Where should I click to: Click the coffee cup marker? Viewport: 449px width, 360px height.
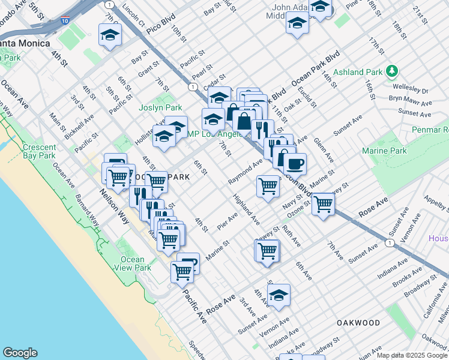(x=294, y=163)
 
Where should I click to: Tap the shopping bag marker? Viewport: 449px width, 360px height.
(x=244, y=121)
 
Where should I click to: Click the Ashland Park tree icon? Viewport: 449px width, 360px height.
(x=392, y=72)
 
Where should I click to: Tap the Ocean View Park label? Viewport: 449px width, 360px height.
(x=132, y=263)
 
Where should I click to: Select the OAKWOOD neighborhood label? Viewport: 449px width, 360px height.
(x=358, y=323)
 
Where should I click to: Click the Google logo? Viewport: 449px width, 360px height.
(x=20, y=353)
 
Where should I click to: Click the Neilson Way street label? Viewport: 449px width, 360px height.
(x=113, y=206)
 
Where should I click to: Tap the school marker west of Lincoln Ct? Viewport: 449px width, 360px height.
(x=110, y=37)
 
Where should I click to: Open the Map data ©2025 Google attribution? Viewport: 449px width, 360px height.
(x=412, y=355)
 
